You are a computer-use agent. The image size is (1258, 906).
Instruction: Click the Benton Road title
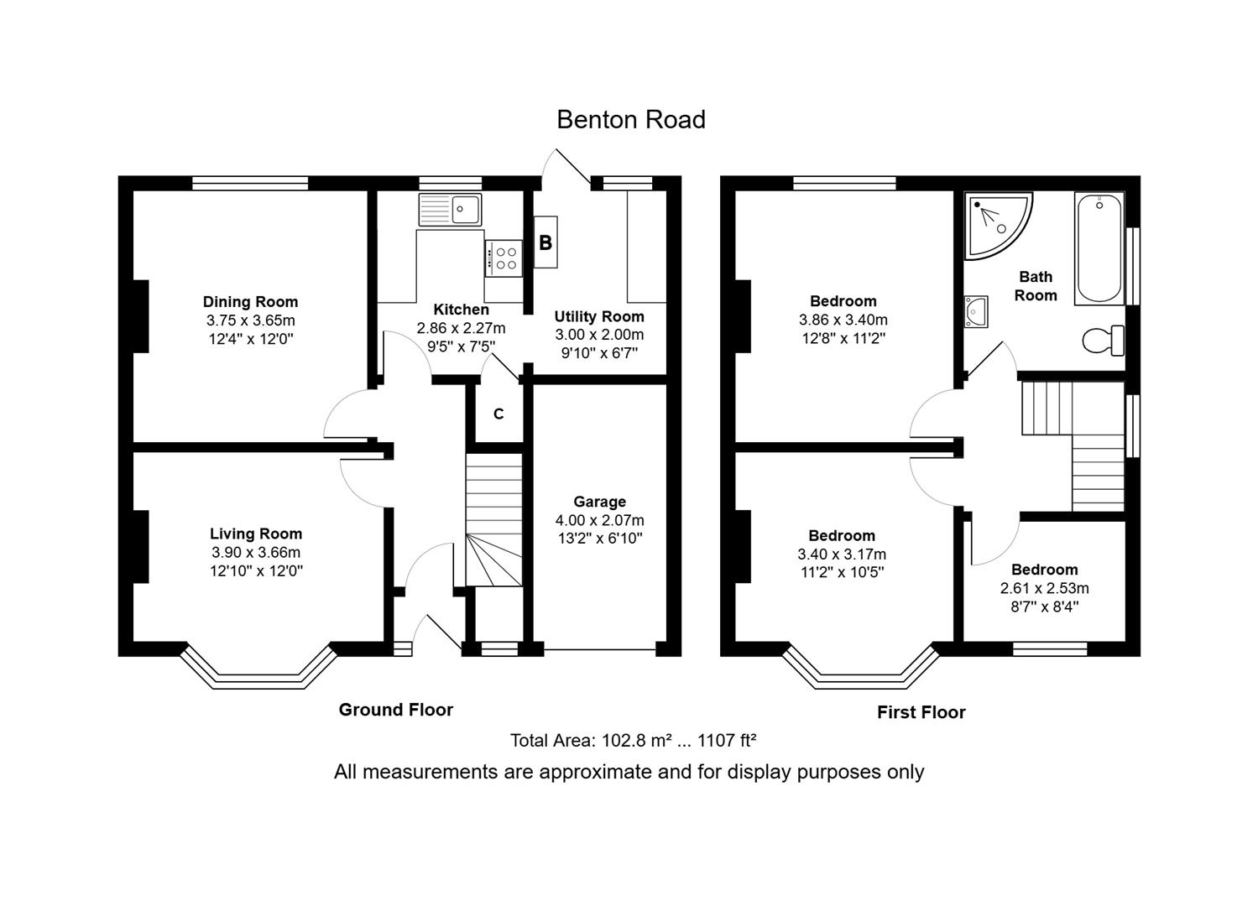(x=630, y=120)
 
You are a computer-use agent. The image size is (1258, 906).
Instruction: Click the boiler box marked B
(x=545, y=243)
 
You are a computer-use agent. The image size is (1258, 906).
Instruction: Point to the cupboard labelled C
(x=499, y=414)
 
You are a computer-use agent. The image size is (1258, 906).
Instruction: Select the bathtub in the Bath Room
(x=1099, y=248)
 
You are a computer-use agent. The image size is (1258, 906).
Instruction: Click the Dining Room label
(x=250, y=302)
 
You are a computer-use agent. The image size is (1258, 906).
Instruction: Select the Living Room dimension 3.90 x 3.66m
(x=256, y=553)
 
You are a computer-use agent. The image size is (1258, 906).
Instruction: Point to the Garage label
(x=599, y=502)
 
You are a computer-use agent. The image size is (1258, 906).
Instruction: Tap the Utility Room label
(x=599, y=316)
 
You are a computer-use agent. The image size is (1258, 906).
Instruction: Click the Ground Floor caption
(x=395, y=710)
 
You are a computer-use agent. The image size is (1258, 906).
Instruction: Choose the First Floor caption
(x=921, y=712)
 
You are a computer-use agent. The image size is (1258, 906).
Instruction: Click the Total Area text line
(x=633, y=741)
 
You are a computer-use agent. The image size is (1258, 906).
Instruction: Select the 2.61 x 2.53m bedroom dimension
(x=1044, y=588)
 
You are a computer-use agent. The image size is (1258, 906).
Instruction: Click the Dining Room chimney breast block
(x=140, y=316)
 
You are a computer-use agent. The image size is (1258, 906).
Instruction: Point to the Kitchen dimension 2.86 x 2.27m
(x=461, y=328)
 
